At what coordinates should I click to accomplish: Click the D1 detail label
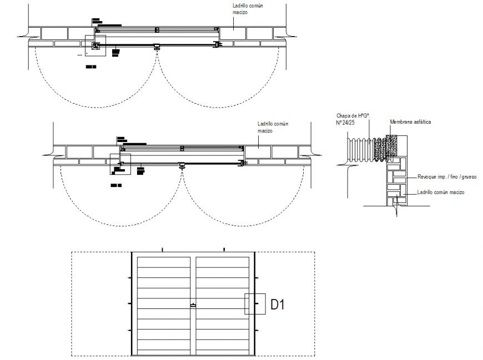pos(278,304)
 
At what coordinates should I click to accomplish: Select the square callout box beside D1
pos(255,304)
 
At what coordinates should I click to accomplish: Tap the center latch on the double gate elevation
pos(193,305)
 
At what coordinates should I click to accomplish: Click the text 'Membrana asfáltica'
pos(411,121)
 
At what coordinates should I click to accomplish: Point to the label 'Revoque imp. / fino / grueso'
pos(447,177)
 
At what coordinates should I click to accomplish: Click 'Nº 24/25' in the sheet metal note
pos(345,122)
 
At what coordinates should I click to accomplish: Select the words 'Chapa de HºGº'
pos(353,115)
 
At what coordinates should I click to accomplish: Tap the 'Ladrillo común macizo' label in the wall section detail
pos(441,192)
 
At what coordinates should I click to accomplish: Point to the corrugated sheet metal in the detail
pos(359,148)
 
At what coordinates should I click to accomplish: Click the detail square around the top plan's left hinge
pos(95,45)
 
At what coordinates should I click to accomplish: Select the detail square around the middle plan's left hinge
pos(120,164)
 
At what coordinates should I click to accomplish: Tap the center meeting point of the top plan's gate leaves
pos(157,47)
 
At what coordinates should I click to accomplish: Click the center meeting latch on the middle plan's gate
pos(182,165)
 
